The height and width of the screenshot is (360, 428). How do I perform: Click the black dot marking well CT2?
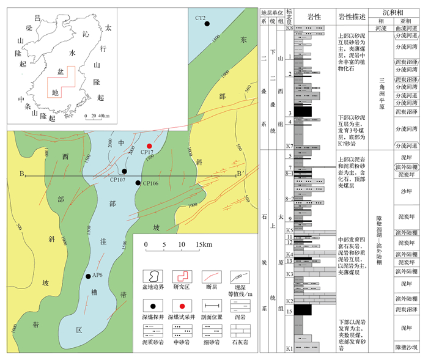(208, 23)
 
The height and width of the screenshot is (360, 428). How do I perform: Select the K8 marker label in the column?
(290, 28)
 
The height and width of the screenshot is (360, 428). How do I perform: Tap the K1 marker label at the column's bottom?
(290, 348)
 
